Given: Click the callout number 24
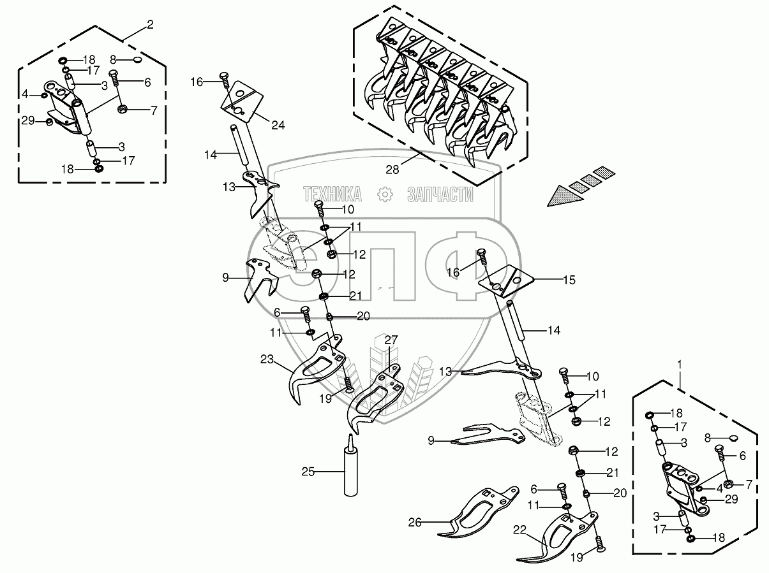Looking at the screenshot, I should [278, 126].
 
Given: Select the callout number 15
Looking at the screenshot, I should [568, 279].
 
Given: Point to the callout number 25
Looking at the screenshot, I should [309, 472].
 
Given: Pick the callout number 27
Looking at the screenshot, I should [391, 340].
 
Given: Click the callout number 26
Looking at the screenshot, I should [415, 521].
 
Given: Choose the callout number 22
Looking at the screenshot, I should [519, 530].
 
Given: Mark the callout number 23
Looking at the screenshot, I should [266, 359].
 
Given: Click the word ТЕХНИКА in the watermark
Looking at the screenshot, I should [332, 194].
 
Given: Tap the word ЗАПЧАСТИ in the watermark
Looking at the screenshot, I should [440, 194].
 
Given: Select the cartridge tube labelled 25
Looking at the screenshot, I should [350, 468].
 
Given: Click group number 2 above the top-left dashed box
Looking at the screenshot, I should [150, 25].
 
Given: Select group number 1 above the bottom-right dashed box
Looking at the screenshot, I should [680, 365].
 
